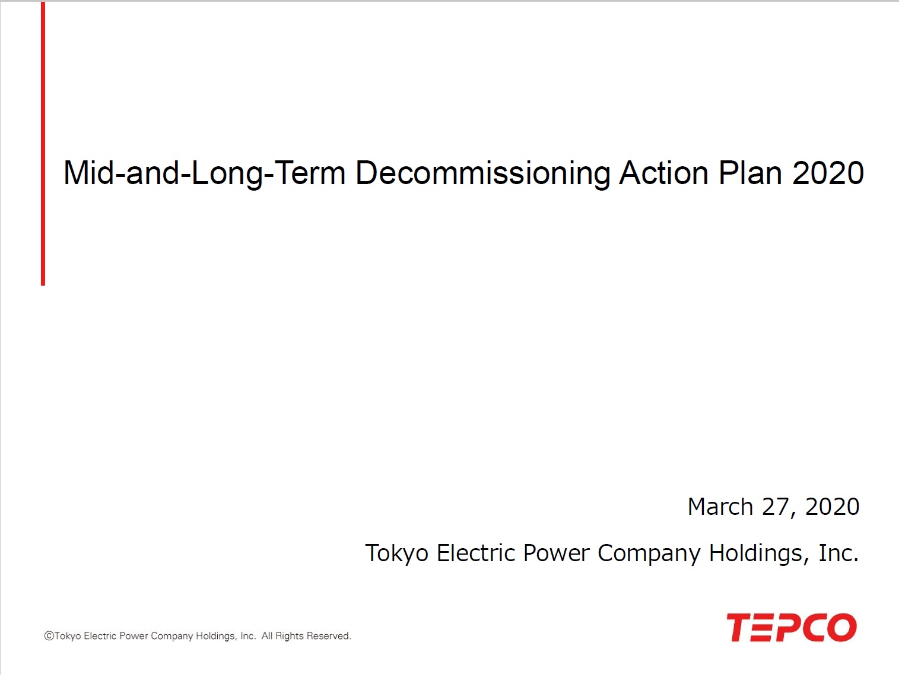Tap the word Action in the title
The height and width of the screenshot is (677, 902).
pos(663,173)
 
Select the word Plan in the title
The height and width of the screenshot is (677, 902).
pos(749,173)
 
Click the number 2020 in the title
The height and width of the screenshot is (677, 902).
pos(827,173)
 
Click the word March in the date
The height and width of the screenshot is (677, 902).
pos(720,507)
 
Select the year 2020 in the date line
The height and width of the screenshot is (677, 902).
pos(832,507)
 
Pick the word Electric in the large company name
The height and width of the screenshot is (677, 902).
pos(475,553)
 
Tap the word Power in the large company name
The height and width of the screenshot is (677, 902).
pos(556,553)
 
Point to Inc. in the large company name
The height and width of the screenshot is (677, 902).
pos(839,553)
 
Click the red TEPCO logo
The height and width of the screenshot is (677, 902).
pos(792,627)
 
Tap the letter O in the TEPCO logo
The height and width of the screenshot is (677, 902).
pos(842,627)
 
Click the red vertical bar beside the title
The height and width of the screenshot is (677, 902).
pos(43,144)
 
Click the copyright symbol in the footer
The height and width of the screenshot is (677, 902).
pos(49,636)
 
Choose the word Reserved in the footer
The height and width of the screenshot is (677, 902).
pos(328,636)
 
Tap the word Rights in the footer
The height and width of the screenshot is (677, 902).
pos(290,636)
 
